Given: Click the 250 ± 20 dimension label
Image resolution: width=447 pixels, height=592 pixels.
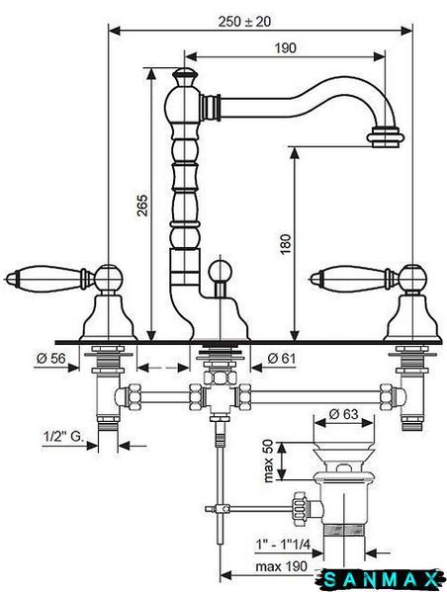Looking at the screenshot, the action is pos(244,22).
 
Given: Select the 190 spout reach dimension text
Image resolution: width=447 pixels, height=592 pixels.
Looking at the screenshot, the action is pos(285,48).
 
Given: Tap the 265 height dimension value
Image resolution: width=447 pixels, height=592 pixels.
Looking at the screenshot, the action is pos(142,205).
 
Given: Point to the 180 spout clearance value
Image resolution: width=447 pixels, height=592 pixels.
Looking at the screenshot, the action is pos(286,244).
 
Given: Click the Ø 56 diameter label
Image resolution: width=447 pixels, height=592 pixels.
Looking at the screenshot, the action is pos(51,358).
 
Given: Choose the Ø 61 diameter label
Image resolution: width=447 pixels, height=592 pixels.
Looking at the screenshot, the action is pos(282,358).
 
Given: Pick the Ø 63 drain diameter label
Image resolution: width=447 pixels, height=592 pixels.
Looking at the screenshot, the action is pos(343,414).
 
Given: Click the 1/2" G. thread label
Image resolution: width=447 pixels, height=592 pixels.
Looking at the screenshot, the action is pos(62,437).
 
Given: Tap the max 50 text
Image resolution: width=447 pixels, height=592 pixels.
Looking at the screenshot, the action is pos(269,461).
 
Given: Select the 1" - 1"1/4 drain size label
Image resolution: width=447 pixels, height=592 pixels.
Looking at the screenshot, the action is pos(283,545).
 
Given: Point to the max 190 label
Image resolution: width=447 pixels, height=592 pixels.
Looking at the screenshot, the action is pos(281,566).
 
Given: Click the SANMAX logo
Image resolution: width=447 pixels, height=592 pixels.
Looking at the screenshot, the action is pos(380,579).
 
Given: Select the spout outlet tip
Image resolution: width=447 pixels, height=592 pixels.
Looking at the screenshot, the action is pos(386,137).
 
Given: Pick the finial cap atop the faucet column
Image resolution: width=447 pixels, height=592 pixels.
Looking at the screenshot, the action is pos(184,76).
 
